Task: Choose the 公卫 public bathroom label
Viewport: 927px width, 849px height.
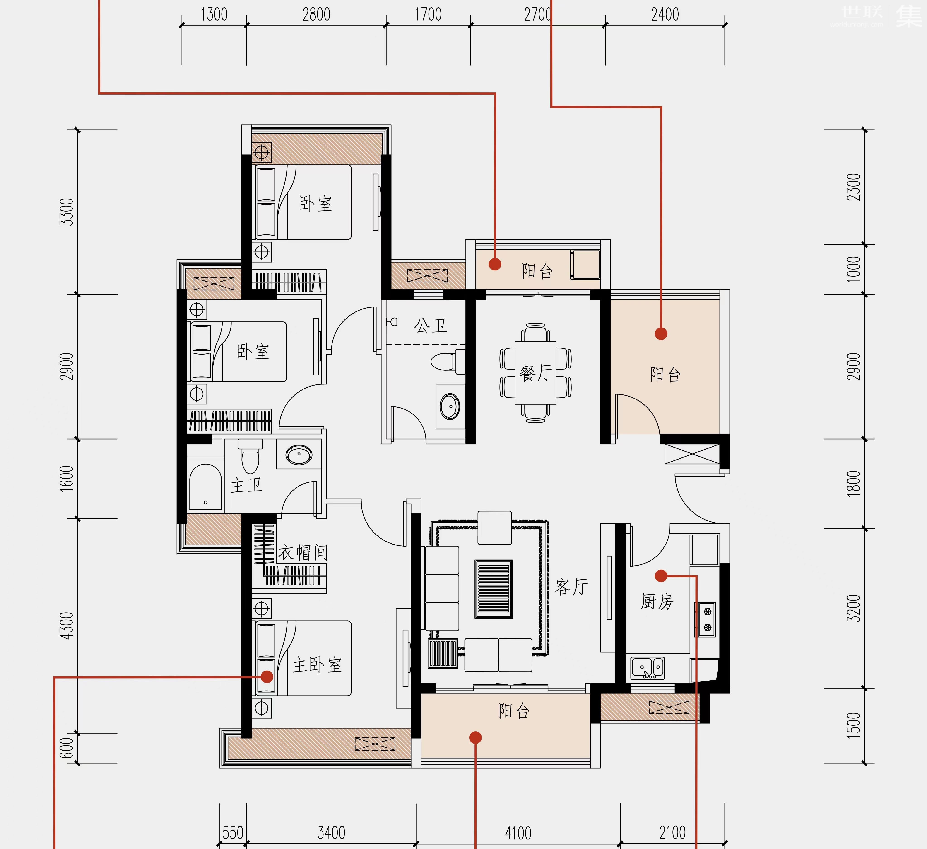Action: coord(430,326)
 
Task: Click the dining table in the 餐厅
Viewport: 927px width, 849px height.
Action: coord(536,373)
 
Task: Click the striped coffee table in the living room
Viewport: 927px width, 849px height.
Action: coord(493,589)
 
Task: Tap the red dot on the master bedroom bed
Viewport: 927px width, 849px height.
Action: coord(267,676)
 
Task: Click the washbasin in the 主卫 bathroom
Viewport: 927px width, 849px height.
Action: coord(299,455)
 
